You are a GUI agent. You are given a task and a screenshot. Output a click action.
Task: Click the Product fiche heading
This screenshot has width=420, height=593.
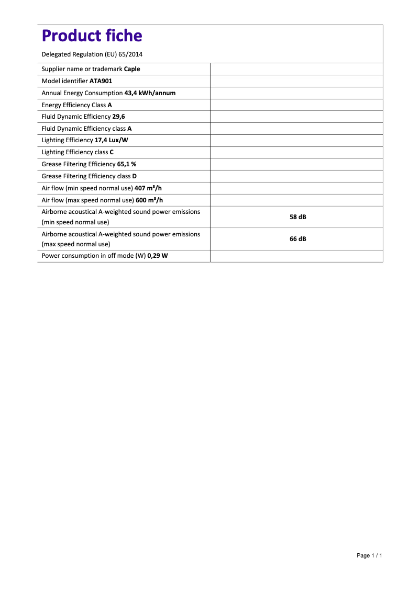(x=92, y=36)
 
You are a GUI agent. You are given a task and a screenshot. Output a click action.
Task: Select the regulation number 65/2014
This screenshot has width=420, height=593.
(x=130, y=54)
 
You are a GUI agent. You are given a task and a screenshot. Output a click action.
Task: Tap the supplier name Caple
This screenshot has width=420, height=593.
(x=132, y=69)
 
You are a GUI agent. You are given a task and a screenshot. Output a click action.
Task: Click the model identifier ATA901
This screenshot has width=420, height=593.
(x=101, y=81)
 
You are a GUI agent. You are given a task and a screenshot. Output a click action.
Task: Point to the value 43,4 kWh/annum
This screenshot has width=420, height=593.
(x=150, y=93)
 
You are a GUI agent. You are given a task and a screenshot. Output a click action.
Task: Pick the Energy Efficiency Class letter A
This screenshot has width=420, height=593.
(x=110, y=105)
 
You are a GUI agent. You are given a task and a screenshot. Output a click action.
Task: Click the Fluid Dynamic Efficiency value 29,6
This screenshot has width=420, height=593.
(x=118, y=117)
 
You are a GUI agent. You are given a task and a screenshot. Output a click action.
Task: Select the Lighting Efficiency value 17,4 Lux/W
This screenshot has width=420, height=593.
(x=112, y=140)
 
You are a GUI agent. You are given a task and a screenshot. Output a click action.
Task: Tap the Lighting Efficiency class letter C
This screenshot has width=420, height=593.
(x=112, y=152)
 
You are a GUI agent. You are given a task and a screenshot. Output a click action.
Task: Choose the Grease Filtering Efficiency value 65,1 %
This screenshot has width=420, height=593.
(x=127, y=164)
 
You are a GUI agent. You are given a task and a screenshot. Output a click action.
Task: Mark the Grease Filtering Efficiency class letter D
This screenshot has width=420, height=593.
(x=135, y=176)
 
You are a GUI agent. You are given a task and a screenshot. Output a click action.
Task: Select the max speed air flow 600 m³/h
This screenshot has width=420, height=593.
(x=150, y=200)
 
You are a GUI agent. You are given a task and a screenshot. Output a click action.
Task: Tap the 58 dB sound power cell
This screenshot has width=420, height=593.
(x=297, y=216)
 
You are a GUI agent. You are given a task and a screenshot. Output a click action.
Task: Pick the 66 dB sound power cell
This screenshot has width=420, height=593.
(x=297, y=239)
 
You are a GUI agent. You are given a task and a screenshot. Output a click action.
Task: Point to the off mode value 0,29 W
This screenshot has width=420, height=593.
(x=158, y=256)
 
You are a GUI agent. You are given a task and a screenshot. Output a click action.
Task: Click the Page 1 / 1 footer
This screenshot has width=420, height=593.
(x=369, y=555)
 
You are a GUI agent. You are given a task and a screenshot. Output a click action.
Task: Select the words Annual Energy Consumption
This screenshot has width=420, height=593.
(x=82, y=93)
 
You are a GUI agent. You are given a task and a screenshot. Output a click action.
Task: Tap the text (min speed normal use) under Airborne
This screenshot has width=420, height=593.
(x=75, y=222)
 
